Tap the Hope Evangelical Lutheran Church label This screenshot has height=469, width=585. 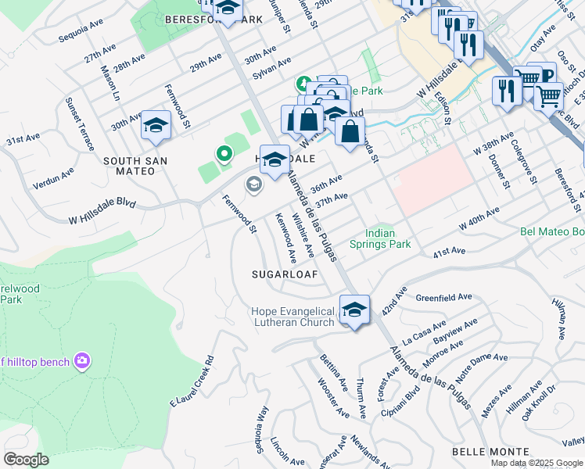point(293,317)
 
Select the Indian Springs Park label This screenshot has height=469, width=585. point(389,238)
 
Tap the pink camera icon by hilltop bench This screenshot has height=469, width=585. point(81,360)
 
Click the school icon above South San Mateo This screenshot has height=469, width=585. point(156,127)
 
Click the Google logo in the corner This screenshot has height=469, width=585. point(27,459)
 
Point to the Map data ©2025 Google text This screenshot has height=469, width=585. point(537,463)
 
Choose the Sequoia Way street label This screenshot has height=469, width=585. point(262,430)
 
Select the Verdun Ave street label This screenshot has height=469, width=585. point(53,178)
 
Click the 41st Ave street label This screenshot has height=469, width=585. point(449,252)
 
